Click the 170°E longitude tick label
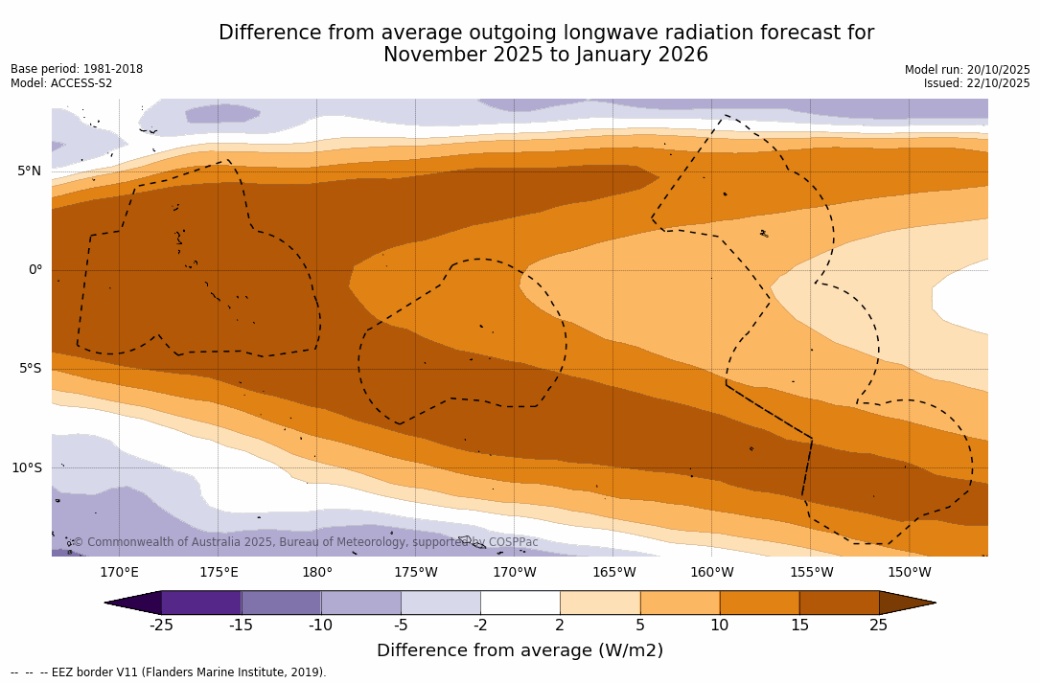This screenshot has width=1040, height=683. [x=119, y=573]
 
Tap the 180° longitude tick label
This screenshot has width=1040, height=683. [x=317, y=573]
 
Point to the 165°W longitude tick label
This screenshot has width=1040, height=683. [x=613, y=573]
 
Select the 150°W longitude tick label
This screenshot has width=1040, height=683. [x=909, y=573]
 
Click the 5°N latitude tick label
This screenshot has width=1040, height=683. [x=29, y=171]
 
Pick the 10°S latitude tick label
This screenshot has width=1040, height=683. [x=26, y=468]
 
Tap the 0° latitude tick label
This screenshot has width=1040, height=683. [x=35, y=270]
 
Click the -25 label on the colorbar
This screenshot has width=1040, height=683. [x=161, y=626]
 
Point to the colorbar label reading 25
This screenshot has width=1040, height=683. [x=878, y=626]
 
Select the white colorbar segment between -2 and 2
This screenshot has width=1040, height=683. [x=520, y=603]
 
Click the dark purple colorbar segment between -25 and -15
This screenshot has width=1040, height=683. [x=201, y=603]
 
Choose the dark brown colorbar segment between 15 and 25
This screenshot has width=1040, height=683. [x=839, y=603]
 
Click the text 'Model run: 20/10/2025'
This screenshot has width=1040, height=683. [x=967, y=70]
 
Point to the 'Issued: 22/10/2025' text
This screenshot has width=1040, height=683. [x=977, y=83]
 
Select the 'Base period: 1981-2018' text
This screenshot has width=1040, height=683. [x=77, y=69]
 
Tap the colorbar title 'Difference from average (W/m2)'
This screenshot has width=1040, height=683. [x=520, y=650]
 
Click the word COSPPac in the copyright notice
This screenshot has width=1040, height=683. [x=513, y=542]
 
